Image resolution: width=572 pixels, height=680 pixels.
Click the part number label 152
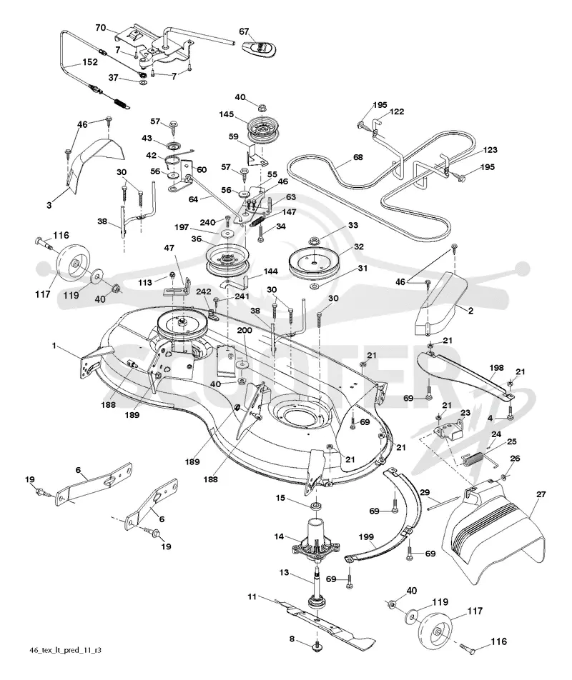(x=90, y=62)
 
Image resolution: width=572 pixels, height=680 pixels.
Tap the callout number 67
(x=244, y=31)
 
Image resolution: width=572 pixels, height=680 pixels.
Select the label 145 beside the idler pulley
(x=226, y=114)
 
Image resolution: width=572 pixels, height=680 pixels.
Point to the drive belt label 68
(x=358, y=157)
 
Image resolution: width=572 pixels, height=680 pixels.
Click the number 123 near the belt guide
(x=490, y=150)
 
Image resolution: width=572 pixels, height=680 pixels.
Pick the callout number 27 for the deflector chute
(x=541, y=494)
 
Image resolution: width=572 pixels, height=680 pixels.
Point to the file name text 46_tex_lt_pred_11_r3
(x=66, y=650)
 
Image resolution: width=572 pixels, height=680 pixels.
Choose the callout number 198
(x=496, y=368)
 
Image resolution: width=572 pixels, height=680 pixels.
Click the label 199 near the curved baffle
(x=366, y=537)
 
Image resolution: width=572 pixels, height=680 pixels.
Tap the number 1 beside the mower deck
(x=54, y=346)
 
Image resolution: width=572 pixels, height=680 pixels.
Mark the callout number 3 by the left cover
(x=49, y=205)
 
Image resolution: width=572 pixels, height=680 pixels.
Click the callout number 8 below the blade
(x=292, y=639)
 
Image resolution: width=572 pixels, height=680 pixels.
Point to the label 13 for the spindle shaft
(x=285, y=572)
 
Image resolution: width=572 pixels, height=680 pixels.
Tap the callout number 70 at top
(x=100, y=28)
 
